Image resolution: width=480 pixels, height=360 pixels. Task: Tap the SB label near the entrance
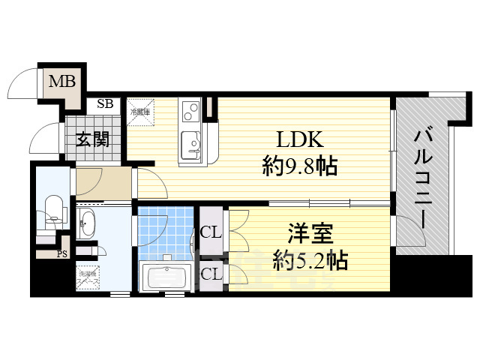tap(105, 104)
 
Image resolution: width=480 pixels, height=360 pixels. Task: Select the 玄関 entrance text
tap(91, 139)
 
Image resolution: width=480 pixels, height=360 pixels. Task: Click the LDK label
tap(299, 139)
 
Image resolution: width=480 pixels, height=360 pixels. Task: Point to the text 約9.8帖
tap(299, 166)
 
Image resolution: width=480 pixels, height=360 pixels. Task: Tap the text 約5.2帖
tap(309, 260)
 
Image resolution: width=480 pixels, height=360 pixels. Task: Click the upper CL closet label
tap(211, 232)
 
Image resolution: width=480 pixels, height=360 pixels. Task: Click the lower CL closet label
tap(211, 274)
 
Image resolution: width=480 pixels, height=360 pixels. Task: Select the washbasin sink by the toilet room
tap(88, 223)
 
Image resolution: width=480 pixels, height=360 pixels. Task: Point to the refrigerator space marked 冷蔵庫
tap(140, 112)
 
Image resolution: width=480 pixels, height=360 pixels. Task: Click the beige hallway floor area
tap(103, 184)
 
